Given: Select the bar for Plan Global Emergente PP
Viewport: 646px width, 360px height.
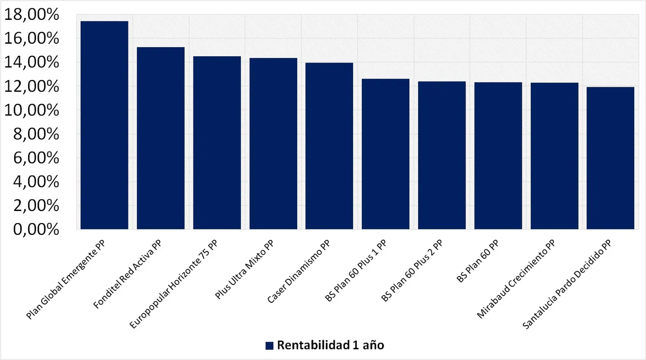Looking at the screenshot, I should tap(104, 125).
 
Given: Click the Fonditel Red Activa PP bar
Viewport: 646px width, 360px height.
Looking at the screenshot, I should tap(161, 138).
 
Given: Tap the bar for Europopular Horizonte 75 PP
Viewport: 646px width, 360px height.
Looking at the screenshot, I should tap(217, 143).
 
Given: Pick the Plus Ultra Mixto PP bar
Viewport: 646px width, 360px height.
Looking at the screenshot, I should tap(273, 144).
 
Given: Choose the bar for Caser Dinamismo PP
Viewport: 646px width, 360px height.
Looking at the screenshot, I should tap(329, 146).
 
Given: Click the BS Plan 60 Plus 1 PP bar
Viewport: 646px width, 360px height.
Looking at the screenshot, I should tap(386, 154).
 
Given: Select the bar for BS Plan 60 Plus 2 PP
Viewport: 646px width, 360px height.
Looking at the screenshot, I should tap(442, 155).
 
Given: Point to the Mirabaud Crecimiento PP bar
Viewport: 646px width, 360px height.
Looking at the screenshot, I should tap(554, 156).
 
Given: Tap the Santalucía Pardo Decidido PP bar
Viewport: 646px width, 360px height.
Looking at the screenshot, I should tap(611, 158).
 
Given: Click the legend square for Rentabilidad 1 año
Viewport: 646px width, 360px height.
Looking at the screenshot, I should tap(270, 345).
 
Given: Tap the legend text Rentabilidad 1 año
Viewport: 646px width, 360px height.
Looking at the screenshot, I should tap(331, 345).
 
